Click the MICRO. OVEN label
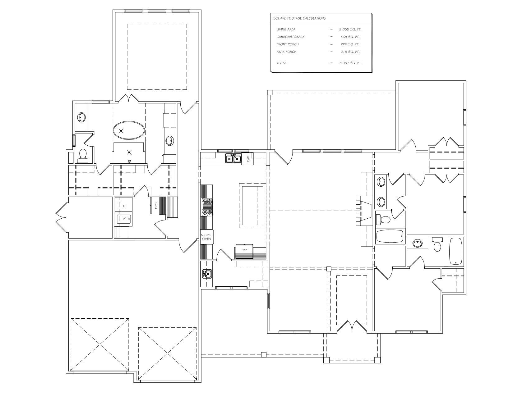point(206,237)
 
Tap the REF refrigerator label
point(244,250)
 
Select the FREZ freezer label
point(156,205)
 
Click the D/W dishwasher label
point(248,160)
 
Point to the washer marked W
point(124,219)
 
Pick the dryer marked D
point(124,206)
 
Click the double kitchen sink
point(233,158)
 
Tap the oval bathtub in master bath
point(129,130)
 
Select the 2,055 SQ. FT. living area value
point(350,30)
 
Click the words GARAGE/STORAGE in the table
point(290,37)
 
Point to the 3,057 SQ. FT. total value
point(350,63)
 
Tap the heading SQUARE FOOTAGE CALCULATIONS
point(299,18)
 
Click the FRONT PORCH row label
point(288,44)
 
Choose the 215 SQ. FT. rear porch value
point(350,52)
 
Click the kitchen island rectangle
point(252,205)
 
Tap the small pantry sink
point(207,274)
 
